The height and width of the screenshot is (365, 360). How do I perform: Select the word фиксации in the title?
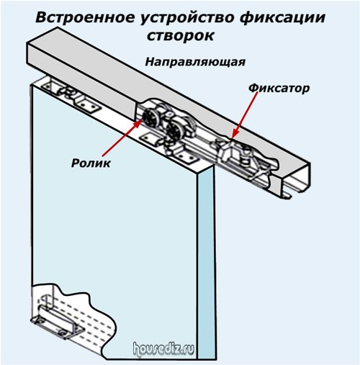click(282, 19)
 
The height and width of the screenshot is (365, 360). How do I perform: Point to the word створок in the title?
click(180, 36)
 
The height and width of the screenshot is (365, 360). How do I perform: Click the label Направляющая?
click(195, 62)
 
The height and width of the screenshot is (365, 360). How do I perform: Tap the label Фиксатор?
click(279, 89)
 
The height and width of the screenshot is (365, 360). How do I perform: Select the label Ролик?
click(91, 163)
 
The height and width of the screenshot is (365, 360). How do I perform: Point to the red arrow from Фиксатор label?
click(246, 114)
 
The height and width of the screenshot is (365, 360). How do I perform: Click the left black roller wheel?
click(150, 119)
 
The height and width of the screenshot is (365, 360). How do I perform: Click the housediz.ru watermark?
click(163, 349)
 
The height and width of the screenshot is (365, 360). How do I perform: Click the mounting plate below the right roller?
click(186, 156)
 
